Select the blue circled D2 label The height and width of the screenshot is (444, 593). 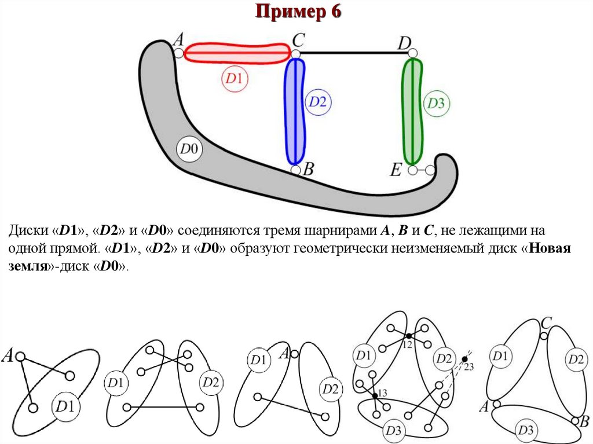317,102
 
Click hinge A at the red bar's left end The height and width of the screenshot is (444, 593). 179,53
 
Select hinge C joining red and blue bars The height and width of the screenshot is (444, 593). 295,54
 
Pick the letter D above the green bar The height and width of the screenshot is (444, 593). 405,43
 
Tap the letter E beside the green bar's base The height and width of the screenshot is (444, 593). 396,170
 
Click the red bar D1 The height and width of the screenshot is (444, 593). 237,53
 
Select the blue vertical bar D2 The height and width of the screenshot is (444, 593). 295,110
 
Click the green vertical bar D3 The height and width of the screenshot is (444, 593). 413,110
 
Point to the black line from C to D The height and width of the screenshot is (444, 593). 353,53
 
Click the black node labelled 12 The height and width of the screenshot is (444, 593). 408,336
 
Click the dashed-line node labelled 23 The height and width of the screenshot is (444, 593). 464,359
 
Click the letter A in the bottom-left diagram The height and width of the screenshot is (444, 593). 9,355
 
